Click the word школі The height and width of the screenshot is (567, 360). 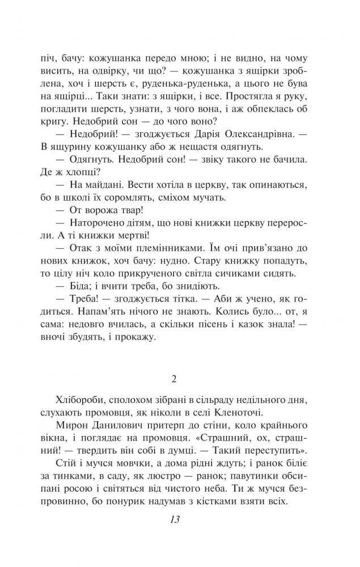point(90,198)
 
